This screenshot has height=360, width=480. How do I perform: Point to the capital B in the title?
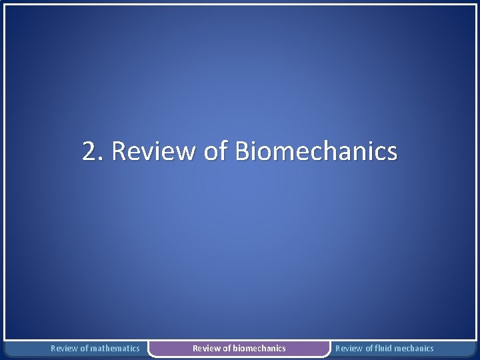pos(245,152)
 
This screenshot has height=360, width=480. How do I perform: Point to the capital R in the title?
pos(120,152)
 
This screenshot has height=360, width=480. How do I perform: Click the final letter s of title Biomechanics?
pos(392,153)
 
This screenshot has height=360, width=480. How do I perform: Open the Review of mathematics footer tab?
pos(95,348)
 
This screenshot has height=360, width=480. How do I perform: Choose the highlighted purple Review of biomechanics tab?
pos(239,348)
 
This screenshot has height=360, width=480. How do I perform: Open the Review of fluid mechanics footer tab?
pos(384,348)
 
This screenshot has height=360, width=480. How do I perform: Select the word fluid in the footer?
pos(383,348)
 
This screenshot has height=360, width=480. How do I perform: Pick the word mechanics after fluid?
pos(414,348)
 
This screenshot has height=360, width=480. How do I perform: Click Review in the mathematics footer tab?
pos(64,348)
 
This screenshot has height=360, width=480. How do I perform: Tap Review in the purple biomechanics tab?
pos(206,348)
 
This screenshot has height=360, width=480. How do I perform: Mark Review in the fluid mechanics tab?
pos(349,348)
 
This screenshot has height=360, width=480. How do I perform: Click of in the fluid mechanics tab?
pos(368,348)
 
